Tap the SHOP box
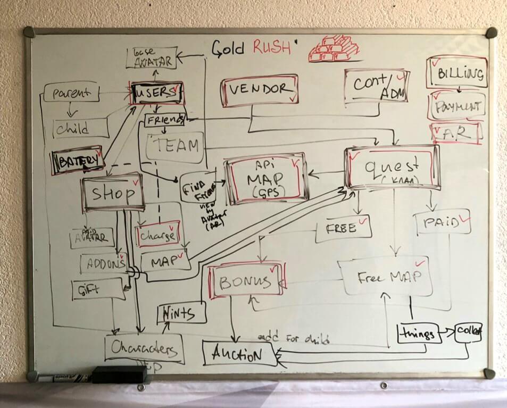tap(113, 193)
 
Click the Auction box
tap(240, 353)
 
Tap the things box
tap(419, 333)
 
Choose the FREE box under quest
tap(343, 228)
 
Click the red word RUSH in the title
tap(272, 47)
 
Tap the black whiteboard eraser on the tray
tap(119, 374)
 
